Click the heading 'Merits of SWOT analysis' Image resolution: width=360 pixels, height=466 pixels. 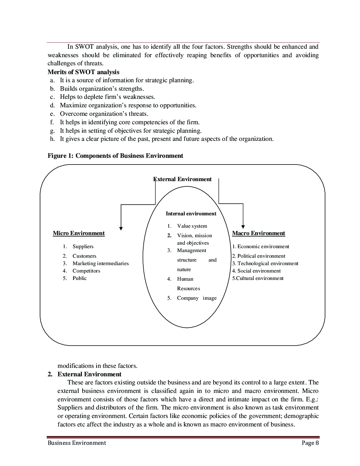[83, 72]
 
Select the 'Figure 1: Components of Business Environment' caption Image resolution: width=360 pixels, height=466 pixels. [115, 156]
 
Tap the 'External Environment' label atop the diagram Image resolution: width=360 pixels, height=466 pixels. [183, 179]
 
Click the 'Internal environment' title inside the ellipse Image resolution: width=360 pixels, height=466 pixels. [191, 214]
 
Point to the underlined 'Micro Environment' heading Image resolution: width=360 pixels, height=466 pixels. [79, 233]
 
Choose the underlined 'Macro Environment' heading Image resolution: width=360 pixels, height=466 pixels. [258, 233]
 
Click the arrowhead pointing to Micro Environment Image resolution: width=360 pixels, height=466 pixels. [121, 228]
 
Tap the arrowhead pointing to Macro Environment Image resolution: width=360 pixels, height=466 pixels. [243, 227]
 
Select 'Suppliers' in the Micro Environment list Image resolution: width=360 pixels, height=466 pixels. [83, 246]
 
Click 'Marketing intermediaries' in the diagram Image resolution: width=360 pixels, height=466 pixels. [101, 263]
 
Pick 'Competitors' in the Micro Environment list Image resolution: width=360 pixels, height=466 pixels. [86, 271]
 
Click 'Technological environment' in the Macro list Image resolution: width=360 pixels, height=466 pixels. [268, 263]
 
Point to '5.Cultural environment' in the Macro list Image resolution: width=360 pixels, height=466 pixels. [258, 278]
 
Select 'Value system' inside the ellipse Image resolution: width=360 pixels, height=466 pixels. [192, 226]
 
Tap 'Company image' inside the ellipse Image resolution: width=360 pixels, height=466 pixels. [197, 298]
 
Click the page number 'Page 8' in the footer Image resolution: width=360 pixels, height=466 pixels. [310, 443]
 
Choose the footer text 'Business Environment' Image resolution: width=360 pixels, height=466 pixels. [77, 443]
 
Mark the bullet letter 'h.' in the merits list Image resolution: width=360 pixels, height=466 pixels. [53, 139]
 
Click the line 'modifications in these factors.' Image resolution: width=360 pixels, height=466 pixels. [97, 366]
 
